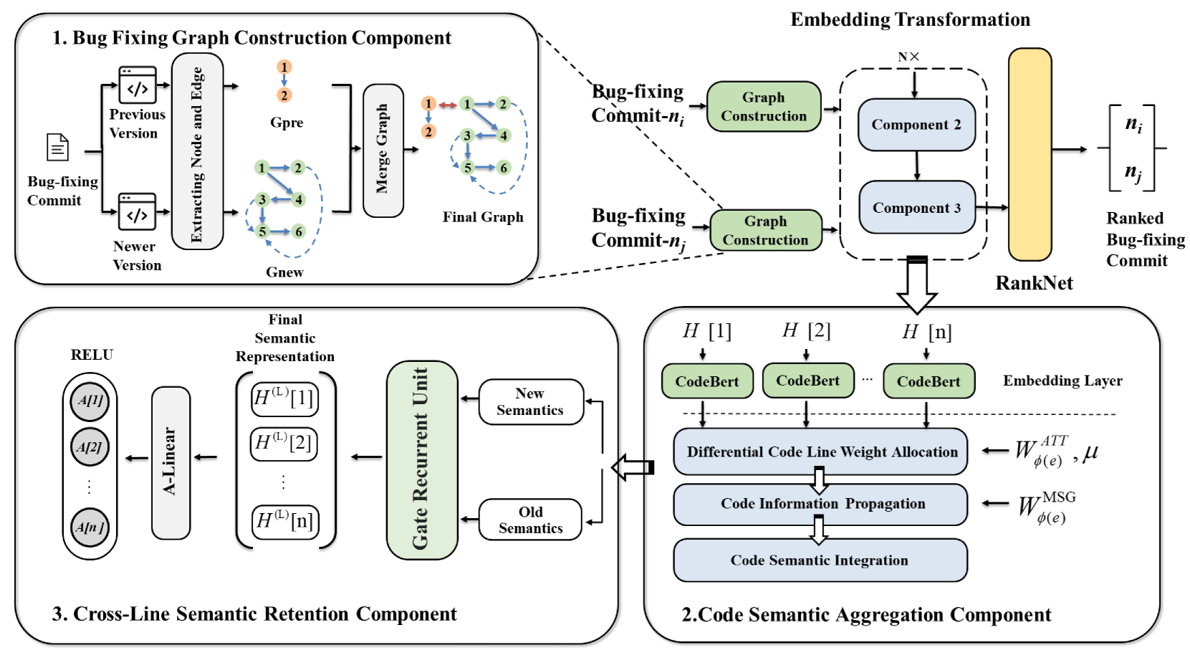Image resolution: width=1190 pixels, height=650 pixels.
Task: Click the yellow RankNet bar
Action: (x=1030, y=154)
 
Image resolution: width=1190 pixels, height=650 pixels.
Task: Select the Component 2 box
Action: (x=916, y=125)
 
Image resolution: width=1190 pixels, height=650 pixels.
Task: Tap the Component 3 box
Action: (x=916, y=208)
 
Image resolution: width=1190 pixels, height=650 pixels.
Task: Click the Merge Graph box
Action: (x=383, y=150)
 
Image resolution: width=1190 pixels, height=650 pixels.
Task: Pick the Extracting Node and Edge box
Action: (x=197, y=151)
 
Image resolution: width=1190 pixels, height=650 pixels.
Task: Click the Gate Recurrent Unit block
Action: (x=421, y=459)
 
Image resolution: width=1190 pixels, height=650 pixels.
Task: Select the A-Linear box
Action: (x=171, y=462)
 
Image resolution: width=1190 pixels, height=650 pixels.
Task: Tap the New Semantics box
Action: (x=530, y=402)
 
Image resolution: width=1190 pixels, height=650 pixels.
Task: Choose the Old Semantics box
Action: (x=530, y=520)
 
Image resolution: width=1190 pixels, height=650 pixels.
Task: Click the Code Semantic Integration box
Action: (x=820, y=560)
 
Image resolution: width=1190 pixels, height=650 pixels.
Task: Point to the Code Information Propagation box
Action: (x=820, y=505)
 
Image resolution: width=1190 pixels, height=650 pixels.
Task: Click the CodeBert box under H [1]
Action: (x=706, y=381)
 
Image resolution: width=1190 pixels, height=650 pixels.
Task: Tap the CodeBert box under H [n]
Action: (x=929, y=381)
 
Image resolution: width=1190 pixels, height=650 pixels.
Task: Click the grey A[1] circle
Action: (x=90, y=401)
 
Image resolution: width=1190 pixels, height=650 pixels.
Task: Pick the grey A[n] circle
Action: (x=90, y=527)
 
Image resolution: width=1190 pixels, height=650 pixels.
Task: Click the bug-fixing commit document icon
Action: (x=57, y=148)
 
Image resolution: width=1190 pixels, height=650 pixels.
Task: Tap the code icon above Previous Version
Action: (x=138, y=86)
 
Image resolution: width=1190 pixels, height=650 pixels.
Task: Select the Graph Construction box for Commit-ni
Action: (x=764, y=107)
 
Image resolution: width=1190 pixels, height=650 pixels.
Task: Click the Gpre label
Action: (x=287, y=123)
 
